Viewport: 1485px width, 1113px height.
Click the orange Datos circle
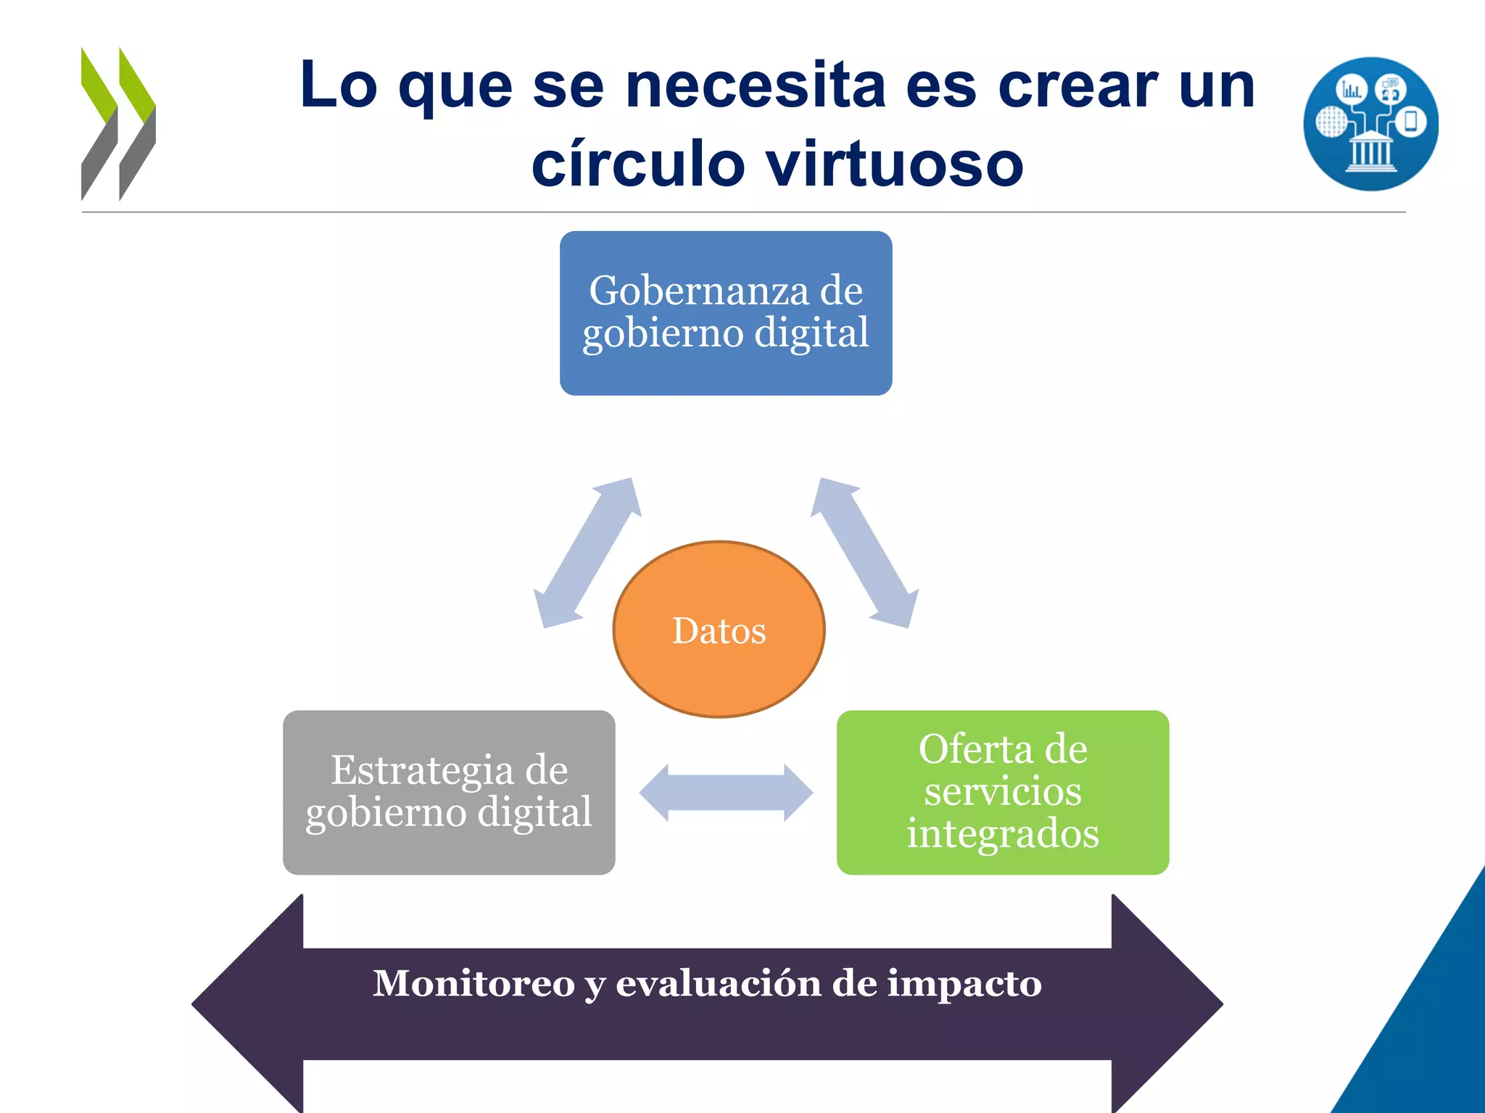click(x=719, y=629)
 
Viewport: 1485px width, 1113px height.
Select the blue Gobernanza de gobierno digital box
click(x=726, y=313)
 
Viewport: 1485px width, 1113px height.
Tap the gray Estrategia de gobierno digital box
click(x=449, y=792)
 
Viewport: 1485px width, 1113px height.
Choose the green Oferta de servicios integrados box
click(x=1003, y=792)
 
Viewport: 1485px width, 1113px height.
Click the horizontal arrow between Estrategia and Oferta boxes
click(x=726, y=793)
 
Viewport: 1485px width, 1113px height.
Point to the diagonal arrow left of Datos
click(x=588, y=552)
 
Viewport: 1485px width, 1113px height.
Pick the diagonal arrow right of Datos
click(x=864, y=552)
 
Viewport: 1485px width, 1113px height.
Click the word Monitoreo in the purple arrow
click(x=473, y=983)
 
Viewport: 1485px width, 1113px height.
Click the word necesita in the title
click(x=756, y=86)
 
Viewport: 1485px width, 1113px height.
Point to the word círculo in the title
click(x=638, y=164)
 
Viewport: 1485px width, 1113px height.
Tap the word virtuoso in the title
click(x=895, y=164)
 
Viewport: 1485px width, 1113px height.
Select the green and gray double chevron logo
click(x=118, y=123)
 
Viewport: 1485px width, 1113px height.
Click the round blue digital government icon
click(x=1370, y=124)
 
